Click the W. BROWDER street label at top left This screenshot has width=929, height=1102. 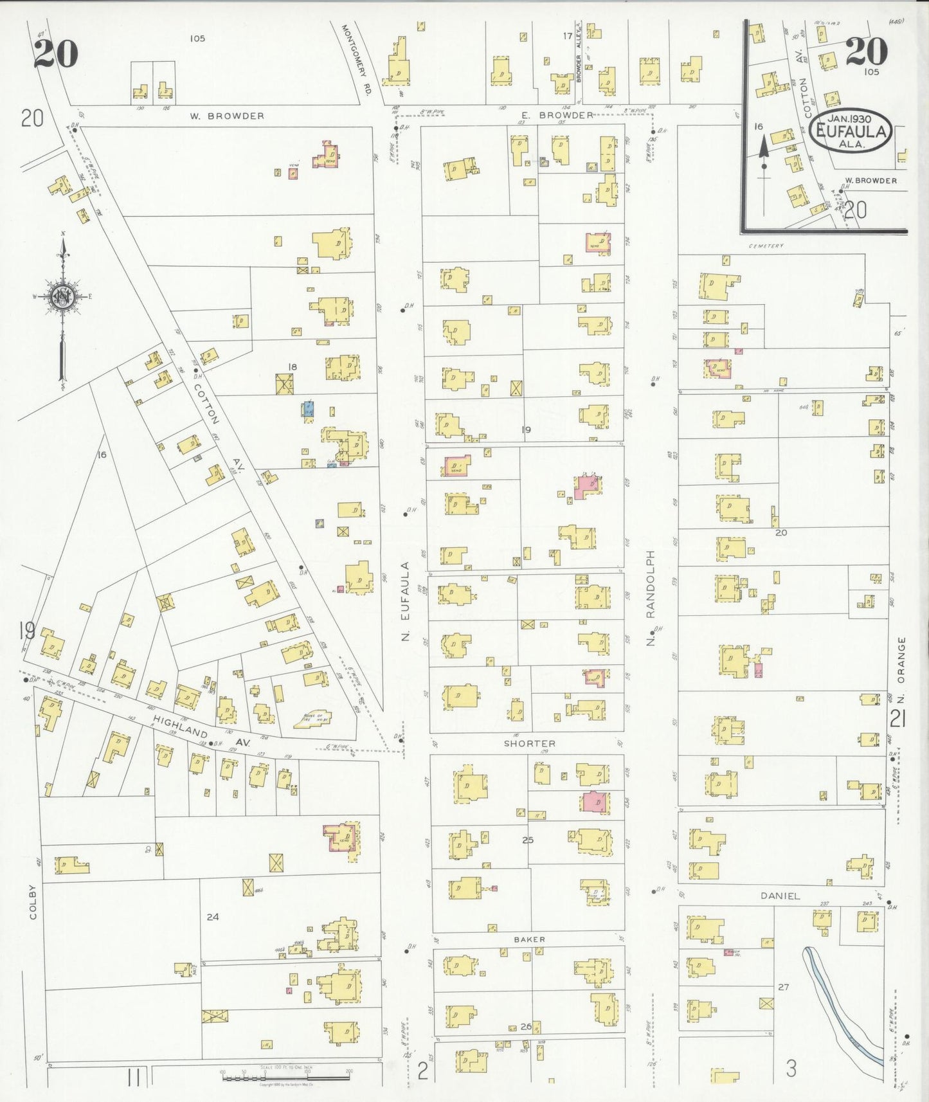pos(227,116)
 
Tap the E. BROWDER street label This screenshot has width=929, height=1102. pos(557,115)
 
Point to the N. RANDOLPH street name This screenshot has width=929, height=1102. pos(651,598)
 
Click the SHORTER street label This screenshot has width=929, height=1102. pos(529,743)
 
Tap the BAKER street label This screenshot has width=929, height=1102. pos(529,939)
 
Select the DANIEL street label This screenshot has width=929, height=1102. pos(780,896)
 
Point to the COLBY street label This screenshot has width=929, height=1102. pos(33,902)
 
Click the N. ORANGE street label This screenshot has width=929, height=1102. pos(901,660)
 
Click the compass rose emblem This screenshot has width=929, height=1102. pos(62,297)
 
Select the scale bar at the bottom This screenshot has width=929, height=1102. pos(286,1074)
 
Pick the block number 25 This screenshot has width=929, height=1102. pos(528,840)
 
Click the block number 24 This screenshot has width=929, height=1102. pos(213,917)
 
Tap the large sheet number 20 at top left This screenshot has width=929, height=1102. pos(56,53)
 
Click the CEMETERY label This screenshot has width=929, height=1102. pos(766,246)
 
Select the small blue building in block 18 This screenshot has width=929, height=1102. pos(309,408)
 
